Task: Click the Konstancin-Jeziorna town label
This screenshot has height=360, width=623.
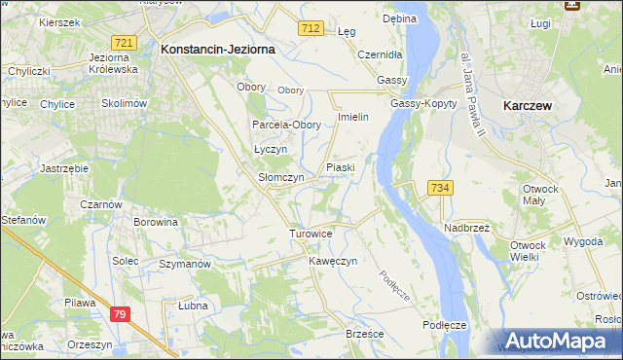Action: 219,48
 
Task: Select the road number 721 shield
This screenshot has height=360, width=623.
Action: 124,44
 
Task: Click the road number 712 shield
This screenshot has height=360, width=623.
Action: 311,30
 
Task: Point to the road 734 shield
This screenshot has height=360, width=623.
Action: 440,188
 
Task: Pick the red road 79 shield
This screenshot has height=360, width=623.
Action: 120,314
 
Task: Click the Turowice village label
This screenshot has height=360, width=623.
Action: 311,234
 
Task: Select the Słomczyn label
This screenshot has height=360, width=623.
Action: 280,178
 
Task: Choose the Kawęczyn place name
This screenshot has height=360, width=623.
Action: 334,262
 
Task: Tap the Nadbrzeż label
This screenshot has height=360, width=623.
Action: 467,227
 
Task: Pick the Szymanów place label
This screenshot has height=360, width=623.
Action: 185,264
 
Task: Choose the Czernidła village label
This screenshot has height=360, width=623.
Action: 381,54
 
